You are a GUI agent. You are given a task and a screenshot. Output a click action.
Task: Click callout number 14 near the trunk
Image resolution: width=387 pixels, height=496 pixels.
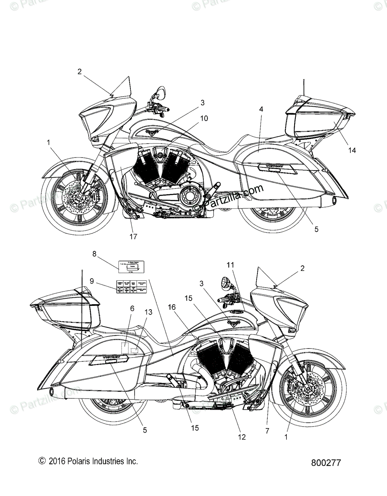(352, 150)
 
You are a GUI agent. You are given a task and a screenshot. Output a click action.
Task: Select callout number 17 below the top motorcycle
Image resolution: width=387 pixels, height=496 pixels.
(133, 237)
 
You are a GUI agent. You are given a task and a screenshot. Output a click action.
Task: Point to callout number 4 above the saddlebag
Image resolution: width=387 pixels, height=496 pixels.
(261, 109)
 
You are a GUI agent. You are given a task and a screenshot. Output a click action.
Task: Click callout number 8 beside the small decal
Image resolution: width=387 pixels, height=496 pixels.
(95, 254)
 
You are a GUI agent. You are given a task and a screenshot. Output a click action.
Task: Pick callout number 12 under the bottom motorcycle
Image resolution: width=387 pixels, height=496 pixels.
(242, 437)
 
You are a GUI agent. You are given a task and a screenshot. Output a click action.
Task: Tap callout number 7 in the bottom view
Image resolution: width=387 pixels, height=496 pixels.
(267, 431)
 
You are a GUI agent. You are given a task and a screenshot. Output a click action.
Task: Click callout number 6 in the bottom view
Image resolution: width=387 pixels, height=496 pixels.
(120, 308)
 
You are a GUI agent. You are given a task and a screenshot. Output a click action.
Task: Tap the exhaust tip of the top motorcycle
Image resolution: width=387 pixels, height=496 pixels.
(333, 202)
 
